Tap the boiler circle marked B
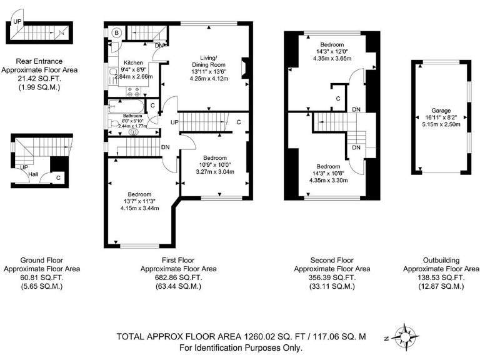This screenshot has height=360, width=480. pos(117,32)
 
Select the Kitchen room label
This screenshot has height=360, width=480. pos(134,63)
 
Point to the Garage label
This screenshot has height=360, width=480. pos(441,109)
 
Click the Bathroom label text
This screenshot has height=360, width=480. pos(132,116)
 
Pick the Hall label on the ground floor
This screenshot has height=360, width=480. pos(32,174)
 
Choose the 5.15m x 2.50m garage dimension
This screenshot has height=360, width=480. pos(441,124)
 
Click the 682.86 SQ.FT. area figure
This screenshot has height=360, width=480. pos(178,277)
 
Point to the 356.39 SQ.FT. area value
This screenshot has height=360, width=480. pos(332,277)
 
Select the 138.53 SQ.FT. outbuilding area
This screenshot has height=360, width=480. pos(441,277)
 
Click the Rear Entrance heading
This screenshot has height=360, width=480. pos(39,61)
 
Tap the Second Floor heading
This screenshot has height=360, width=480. pos(332,260)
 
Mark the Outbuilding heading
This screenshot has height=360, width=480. pos(441,260)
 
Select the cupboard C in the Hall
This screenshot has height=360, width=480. pos(58,177)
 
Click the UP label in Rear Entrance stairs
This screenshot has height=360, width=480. pos(17,22)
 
